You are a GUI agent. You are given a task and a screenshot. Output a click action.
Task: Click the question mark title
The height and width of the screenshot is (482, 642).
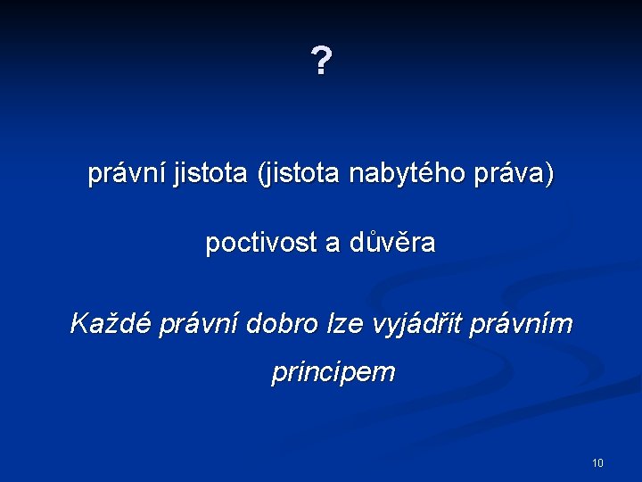click(321, 62)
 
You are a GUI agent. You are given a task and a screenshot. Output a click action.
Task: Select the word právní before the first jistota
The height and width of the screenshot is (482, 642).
click(125, 174)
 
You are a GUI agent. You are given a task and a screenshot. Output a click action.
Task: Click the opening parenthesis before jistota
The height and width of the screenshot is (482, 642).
click(261, 174)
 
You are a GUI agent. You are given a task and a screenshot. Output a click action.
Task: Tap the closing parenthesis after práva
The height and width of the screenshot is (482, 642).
click(549, 174)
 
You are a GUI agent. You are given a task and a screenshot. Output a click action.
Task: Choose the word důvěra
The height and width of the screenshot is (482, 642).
click(391, 243)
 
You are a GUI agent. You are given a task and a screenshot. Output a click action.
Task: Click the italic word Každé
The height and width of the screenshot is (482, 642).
click(110, 324)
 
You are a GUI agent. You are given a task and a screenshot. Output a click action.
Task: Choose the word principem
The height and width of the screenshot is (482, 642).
click(333, 371)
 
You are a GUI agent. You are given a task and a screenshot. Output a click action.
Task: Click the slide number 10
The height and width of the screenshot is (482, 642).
click(597, 462)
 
